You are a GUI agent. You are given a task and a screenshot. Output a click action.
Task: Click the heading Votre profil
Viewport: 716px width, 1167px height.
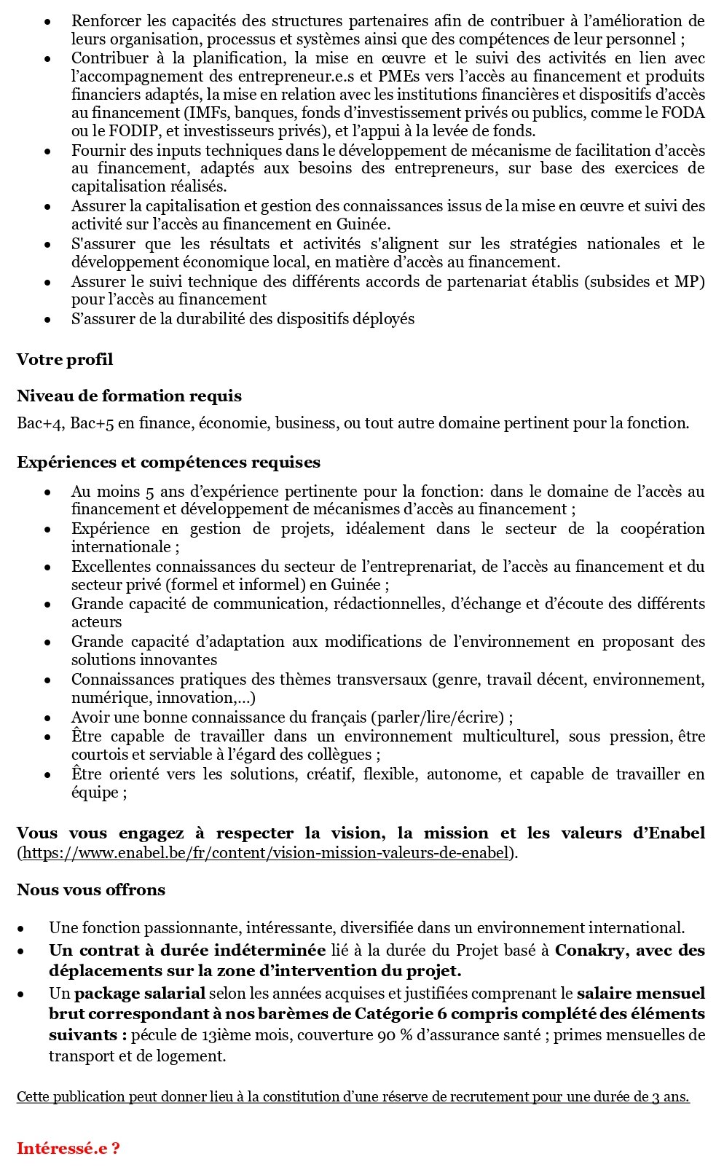(65, 360)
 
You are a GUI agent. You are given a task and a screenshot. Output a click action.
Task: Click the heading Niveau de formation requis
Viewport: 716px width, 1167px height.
(129, 396)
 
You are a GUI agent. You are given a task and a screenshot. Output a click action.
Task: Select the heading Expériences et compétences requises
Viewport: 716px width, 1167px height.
(168, 463)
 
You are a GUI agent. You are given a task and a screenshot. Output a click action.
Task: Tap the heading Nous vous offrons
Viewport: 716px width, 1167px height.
(91, 890)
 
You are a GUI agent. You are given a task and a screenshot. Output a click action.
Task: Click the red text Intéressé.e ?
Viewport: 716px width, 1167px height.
(68, 1149)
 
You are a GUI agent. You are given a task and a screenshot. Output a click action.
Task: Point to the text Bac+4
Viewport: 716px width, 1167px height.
(40, 423)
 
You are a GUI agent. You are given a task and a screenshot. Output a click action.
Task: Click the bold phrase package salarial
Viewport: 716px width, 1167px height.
(140, 994)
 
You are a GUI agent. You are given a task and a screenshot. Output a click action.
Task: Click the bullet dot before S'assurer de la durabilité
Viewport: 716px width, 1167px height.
(47, 320)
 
